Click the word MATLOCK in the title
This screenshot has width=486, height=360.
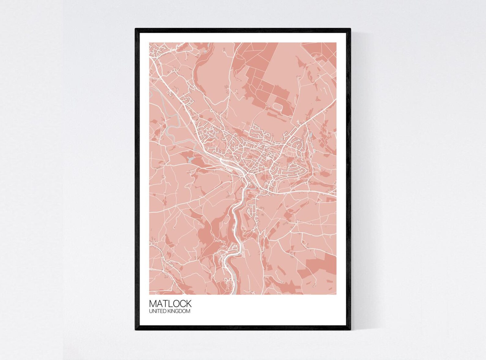[x=170, y=303]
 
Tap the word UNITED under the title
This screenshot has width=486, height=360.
[x=158, y=311]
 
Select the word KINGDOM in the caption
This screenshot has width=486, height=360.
[x=179, y=311]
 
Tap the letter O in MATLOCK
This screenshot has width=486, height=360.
[x=176, y=303]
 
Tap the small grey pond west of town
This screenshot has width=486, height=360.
[x=190, y=159]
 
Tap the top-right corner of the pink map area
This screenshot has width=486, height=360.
[x=336, y=43]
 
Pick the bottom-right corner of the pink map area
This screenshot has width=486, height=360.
[x=336, y=294]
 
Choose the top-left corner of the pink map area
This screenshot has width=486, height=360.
[x=150, y=43]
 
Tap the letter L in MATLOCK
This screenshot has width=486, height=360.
[x=170, y=303]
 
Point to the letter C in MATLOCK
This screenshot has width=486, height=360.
[x=183, y=303]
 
